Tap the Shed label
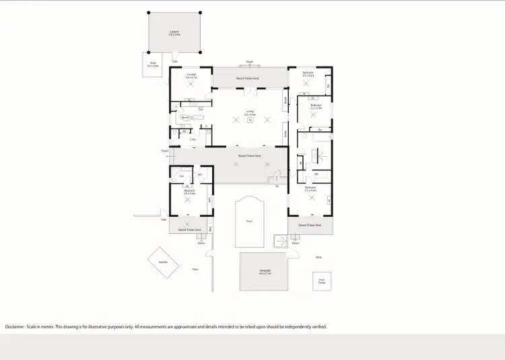pyautogui.click(x=154, y=65)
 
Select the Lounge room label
pyautogui.click(x=191, y=75)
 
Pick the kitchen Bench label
pyautogui.click(x=185, y=117)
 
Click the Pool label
pyautogui.click(x=249, y=220)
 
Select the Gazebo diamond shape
pyautogui.click(x=163, y=262)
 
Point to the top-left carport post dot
pyautogui.click(x=149, y=12)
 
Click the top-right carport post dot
pyautogui.click(x=200, y=12)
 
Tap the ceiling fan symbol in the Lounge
pyautogui.click(x=191, y=84)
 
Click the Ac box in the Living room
pyautogui.click(x=250, y=120)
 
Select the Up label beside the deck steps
pyautogui.click(x=276, y=186)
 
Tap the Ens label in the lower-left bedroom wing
pyautogui.click(x=181, y=176)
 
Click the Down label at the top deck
pyautogui.click(x=249, y=61)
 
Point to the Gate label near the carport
pyautogui.click(x=174, y=61)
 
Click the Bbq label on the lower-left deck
pyautogui.click(x=210, y=229)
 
